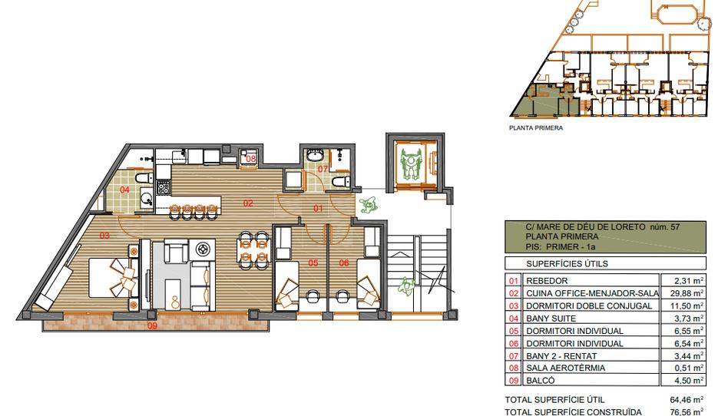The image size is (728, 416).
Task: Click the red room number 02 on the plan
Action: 248,203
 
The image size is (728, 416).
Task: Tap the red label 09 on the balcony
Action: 152,325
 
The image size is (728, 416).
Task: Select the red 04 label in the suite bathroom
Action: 124,190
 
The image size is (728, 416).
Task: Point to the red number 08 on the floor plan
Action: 250,158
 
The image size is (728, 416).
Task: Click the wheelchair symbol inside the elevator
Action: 410,164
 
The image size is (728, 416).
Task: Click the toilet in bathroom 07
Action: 341,182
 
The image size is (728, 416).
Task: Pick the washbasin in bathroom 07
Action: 316,154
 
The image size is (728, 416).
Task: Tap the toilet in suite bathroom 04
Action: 143,177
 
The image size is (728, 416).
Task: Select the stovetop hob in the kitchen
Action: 164,187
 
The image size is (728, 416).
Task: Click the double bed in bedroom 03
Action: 114,277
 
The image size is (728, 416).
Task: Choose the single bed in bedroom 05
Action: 287,285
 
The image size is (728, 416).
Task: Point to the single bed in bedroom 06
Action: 369,285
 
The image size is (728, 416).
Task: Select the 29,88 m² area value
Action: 689,293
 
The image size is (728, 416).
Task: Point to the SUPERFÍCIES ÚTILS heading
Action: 567,264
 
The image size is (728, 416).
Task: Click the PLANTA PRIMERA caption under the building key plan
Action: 536,127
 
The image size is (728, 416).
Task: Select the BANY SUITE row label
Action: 551,319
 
